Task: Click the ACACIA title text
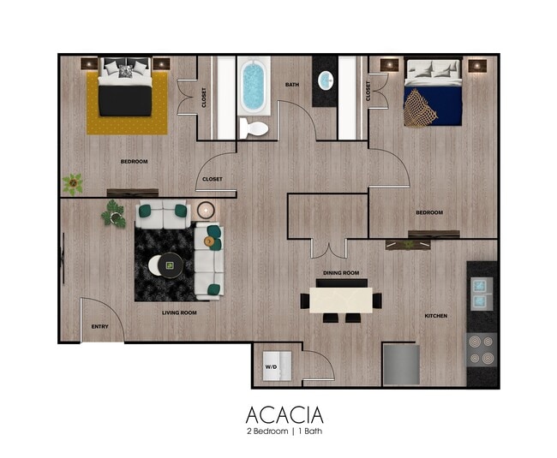click(284, 415)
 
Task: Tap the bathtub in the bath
click(255, 86)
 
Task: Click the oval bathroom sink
click(326, 81)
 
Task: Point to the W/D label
click(271, 366)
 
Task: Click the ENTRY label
click(100, 326)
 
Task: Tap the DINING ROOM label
click(341, 273)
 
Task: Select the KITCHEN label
click(435, 316)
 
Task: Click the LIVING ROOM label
click(180, 312)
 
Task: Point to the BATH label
click(292, 85)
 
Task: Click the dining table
click(341, 299)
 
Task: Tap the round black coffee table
click(167, 265)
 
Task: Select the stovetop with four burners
click(482, 348)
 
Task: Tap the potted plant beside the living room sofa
click(113, 213)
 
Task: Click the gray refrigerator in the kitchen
click(400, 364)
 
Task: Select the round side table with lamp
click(207, 210)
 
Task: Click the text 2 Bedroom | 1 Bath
click(284, 433)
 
